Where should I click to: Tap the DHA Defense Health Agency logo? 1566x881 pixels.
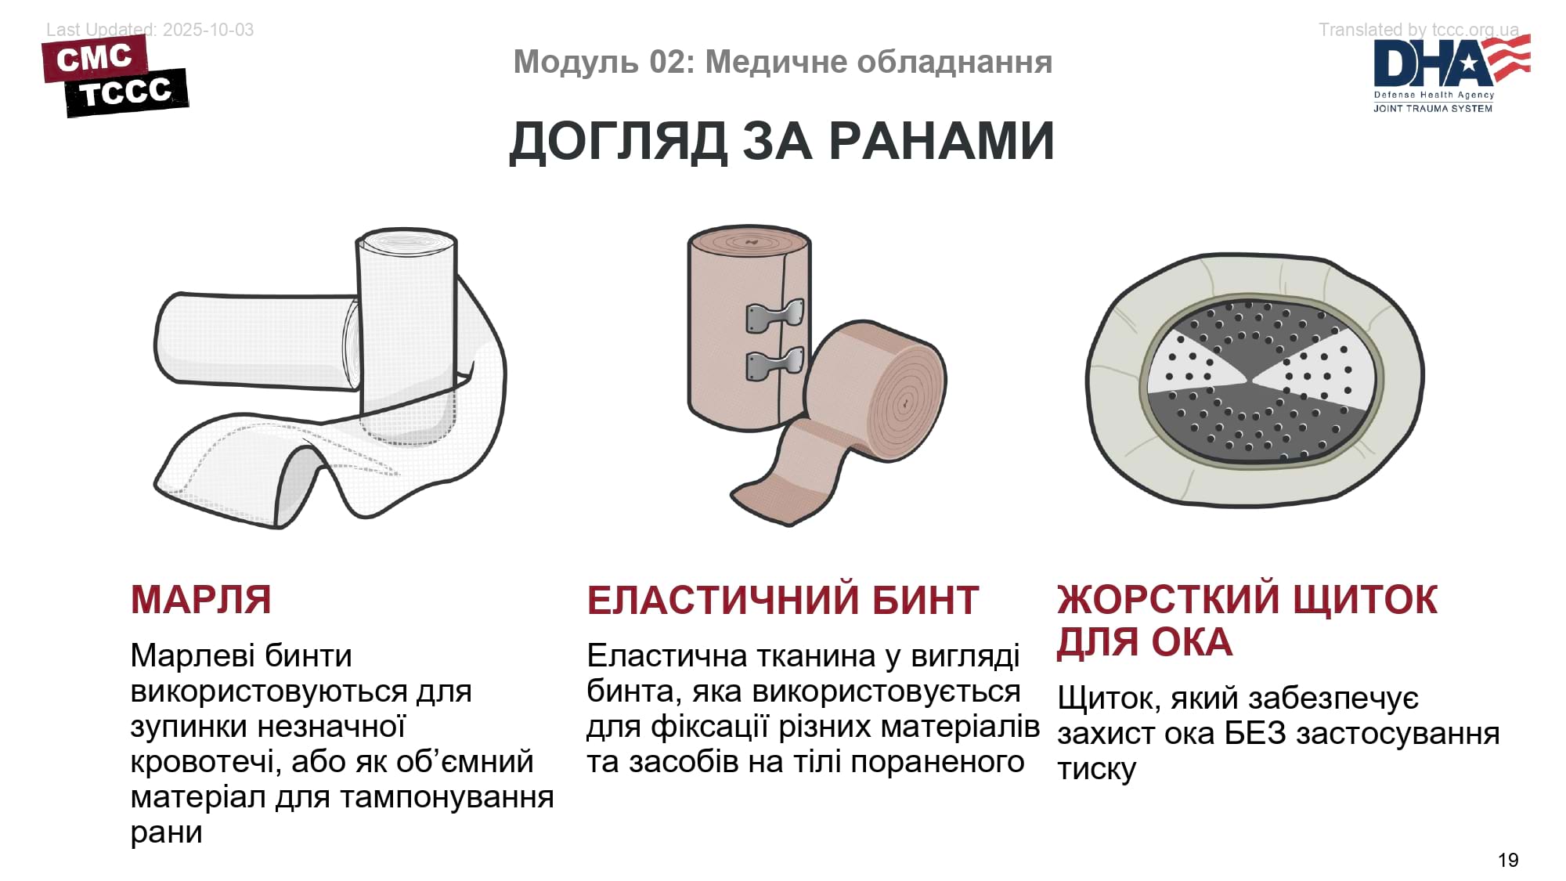pos(1452,75)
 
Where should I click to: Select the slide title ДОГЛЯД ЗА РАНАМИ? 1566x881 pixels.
pos(782,142)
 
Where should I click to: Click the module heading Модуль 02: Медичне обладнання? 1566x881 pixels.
pos(782,62)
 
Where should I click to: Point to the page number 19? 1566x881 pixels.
pos(1508,860)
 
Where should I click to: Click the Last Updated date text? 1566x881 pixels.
pos(150,30)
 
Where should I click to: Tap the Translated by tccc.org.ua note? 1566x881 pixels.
pos(1419,30)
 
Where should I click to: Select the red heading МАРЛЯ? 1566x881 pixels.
pos(201,600)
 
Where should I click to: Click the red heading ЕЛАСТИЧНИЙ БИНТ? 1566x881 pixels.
pos(783,601)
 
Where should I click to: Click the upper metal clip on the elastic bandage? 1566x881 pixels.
pos(775,316)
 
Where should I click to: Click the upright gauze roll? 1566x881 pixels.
pos(406,329)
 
